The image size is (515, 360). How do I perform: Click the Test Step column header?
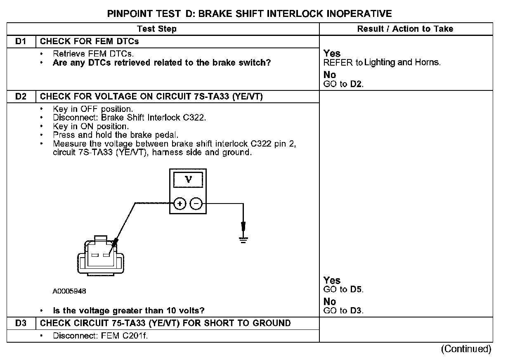tap(157, 29)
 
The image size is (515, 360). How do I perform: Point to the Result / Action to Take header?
tap(405, 29)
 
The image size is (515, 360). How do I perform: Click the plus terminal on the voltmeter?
tap(180, 204)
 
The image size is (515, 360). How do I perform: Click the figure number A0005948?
tap(69, 291)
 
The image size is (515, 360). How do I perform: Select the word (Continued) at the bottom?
tap(466, 349)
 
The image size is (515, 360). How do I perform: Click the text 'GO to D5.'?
tap(343, 289)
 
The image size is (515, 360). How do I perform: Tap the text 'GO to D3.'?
tap(343, 310)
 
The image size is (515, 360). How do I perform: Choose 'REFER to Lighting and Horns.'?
tap(382, 63)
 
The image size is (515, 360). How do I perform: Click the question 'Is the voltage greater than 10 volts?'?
tap(129, 310)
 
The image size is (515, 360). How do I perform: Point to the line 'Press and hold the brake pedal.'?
tap(116, 135)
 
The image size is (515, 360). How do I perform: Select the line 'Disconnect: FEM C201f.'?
tap(100, 336)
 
